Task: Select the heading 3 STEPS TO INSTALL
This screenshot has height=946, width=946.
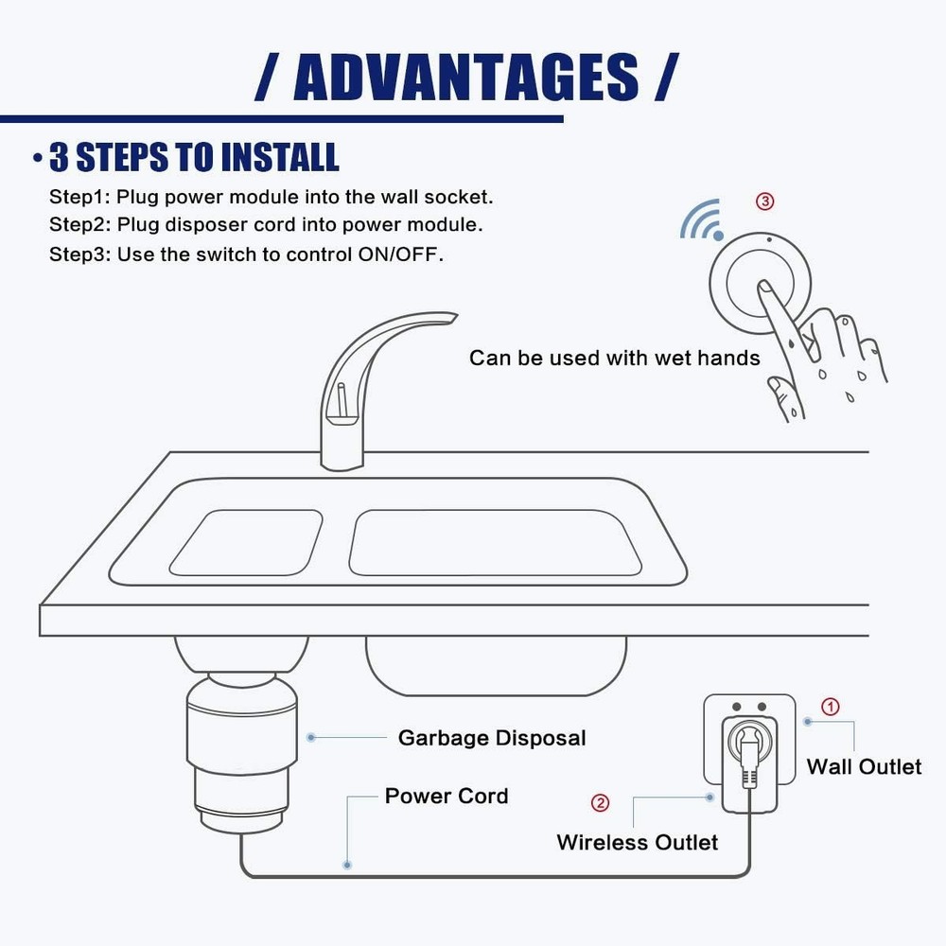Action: click(194, 158)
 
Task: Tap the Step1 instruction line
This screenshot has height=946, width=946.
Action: click(272, 198)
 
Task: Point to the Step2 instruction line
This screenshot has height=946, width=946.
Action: click(267, 226)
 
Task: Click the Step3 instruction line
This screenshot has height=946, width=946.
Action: click(246, 254)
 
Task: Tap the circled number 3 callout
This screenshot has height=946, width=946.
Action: click(764, 201)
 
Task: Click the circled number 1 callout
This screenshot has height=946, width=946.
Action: click(829, 707)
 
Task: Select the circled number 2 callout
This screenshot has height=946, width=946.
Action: click(600, 803)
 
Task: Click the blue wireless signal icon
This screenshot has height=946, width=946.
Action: click(701, 220)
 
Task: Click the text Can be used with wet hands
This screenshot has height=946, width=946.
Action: click(614, 358)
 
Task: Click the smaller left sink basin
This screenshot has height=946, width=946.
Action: click(245, 543)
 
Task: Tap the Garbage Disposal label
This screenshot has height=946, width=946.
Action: click(491, 738)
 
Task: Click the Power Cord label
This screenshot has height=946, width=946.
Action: click(446, 796)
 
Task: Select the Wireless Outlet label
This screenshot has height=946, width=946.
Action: click(637, 842)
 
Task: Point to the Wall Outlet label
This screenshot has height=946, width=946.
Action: click(863, 766)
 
